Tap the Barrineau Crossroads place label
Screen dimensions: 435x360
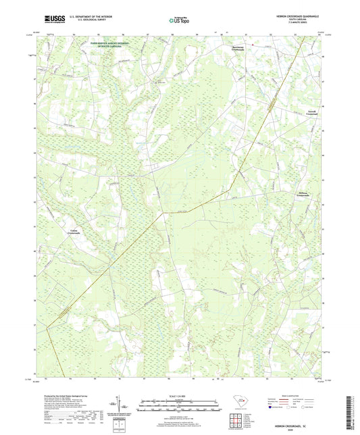[x=233, y=49]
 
